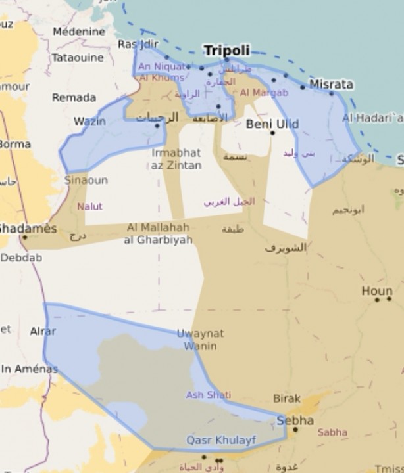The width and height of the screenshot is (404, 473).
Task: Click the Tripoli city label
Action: tap(226, 51)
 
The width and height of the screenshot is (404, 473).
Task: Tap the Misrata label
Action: tap(331, 84)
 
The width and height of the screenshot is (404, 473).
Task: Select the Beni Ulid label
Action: tap(272, 124)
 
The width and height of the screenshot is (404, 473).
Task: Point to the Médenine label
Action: tap(79, 32)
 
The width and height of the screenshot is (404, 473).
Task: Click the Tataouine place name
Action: tap(78, 58)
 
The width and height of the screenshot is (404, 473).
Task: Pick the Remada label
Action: tap(74, 97)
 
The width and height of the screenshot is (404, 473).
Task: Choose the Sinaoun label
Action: tap(86, 179)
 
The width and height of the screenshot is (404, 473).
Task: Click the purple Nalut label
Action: tap(89, 206)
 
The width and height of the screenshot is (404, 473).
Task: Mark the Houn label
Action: tap(376, 291)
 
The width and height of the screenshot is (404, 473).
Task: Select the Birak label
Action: tap(287, 398)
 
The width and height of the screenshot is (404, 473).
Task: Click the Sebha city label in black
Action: tap(295, 420)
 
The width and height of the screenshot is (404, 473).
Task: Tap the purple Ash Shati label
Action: tap(208, 395)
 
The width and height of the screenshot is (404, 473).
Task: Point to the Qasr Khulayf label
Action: tap(221, 440)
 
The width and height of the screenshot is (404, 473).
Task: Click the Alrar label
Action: tap(43, 332)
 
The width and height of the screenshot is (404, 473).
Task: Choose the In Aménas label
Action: tap(29, 369)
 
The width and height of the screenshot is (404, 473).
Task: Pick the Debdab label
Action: tap(21, 258)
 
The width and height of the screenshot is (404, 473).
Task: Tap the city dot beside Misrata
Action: tap(303, 87)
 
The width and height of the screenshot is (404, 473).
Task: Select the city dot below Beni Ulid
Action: tap(272, 133)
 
